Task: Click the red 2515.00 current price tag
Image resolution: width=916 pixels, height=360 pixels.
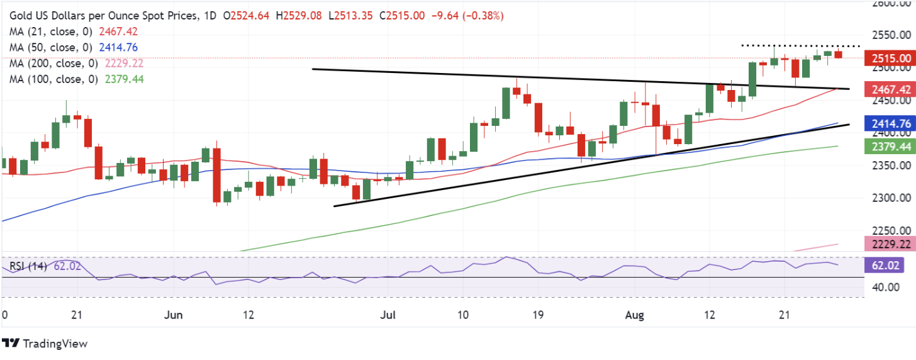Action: point(890,58)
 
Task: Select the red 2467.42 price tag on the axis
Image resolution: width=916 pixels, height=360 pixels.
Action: point(890,89)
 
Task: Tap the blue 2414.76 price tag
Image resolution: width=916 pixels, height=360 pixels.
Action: point(890,123)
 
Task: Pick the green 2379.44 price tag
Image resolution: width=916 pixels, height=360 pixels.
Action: point(890,147)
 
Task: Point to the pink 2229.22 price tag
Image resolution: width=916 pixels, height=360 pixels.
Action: point(890,244)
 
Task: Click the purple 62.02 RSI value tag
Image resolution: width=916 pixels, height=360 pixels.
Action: point(885,266)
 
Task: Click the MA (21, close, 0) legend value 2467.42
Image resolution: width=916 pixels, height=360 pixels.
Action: point(118,31)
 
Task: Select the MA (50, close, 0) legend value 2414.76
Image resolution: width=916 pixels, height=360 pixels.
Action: point(118,47)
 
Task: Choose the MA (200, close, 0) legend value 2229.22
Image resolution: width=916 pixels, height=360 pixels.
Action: point(124,64)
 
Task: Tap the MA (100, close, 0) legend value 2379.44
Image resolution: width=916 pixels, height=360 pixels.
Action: point(125,79)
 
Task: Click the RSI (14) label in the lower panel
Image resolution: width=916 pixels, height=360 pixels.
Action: point(28,266)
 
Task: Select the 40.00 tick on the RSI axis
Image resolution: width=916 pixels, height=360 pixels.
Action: point(885,287)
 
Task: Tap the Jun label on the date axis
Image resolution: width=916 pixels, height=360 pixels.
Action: point(174,315)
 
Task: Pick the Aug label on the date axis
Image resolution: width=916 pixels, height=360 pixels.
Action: point(635,315)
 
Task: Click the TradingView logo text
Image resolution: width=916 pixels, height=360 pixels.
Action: point(55,344)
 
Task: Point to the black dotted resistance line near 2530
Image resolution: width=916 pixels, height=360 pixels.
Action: point(801,46)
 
